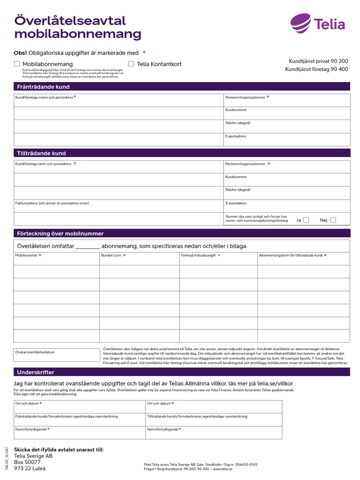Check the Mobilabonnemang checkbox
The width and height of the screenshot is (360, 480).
(17, 64)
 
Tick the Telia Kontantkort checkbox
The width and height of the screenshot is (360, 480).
(131, 64)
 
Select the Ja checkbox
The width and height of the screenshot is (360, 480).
(306, 220)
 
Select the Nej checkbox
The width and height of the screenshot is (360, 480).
(333, 220)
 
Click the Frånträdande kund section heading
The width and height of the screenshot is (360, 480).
(43, 87)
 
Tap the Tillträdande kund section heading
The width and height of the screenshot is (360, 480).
(41, 153)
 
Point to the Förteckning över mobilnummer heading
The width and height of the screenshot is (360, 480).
(60, 233)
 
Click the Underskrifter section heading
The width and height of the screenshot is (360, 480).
(36, 372)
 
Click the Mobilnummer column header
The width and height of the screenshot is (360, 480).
(26, 255)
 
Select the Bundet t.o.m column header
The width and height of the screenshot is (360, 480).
(111, 255)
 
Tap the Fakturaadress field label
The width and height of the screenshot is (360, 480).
(52, 203)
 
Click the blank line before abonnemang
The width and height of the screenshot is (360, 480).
(88, 246)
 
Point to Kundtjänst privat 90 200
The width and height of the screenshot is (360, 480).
(318, 61)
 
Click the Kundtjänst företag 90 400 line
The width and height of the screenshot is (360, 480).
(316, 69)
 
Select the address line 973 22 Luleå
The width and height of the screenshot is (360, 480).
(30, 468)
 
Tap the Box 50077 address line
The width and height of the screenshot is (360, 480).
(27, 462)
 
